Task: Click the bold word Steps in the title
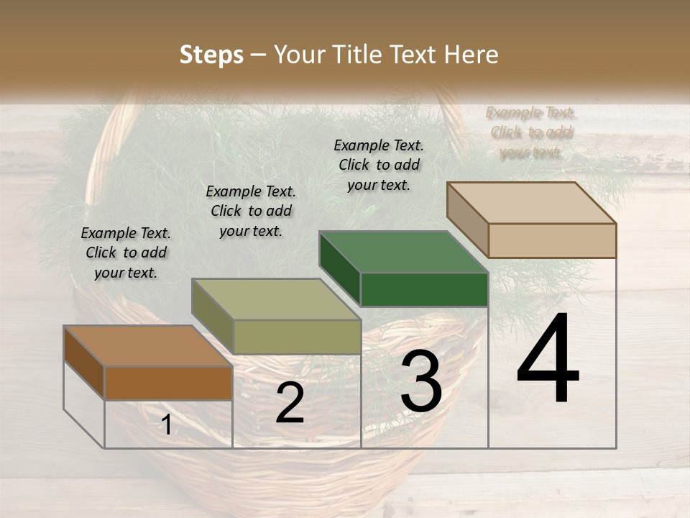[211, 55]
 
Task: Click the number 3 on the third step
[420, 383]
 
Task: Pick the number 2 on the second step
[290, 404]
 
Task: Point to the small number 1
[166, 425]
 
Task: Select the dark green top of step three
[403, 252]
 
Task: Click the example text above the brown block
[126, 253]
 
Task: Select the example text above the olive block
[251, 211]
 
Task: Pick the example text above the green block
[379, 165]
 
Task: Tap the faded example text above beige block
[531, 132]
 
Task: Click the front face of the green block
[424, 290]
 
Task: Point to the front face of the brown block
[168, 383]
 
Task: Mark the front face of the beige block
[552, 240]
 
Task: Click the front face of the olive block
[297, 337]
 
